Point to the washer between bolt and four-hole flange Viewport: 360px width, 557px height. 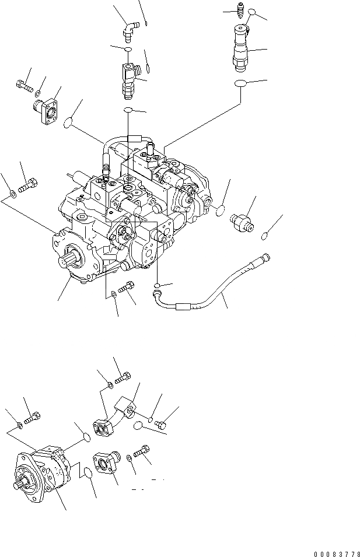[37, 93]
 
